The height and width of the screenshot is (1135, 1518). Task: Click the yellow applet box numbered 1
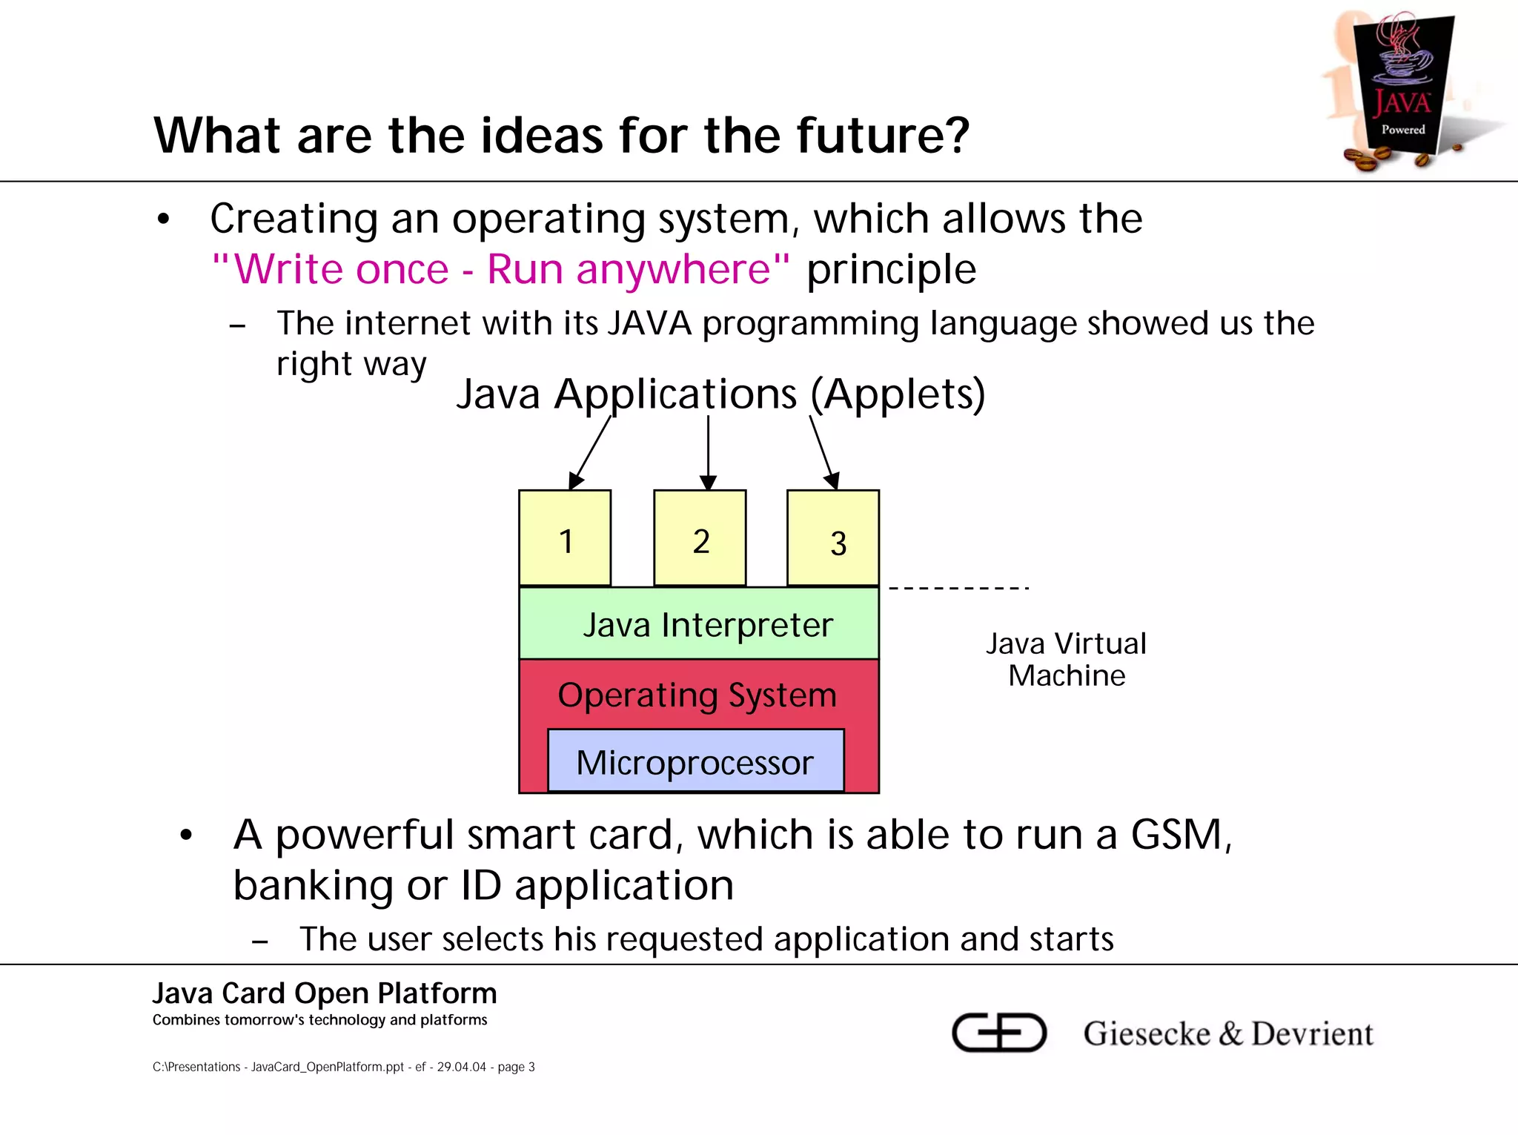tap(565, 538)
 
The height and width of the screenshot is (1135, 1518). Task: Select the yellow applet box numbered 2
tap(700, 538)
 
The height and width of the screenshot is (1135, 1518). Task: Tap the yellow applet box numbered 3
tap(833, 538)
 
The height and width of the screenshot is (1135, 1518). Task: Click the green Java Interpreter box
tap(700, 624)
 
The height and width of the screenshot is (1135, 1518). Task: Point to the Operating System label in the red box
tap(697, 695)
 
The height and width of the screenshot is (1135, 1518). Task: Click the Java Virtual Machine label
tap(1066, 659)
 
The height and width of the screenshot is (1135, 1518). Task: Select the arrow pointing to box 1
tap(590, 452)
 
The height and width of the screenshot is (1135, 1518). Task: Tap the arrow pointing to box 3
tap(823, 452)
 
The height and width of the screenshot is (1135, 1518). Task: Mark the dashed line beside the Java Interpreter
tap(958, 589)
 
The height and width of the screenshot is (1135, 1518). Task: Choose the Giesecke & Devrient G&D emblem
tap(998, 1032)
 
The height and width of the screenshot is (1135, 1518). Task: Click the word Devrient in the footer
tap(1312, 1033)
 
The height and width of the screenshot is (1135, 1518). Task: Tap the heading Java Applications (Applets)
tap(720, 394)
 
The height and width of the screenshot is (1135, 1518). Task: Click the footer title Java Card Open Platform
tap(325, 993)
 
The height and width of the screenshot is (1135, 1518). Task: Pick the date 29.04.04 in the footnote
tap(461, 1067)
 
